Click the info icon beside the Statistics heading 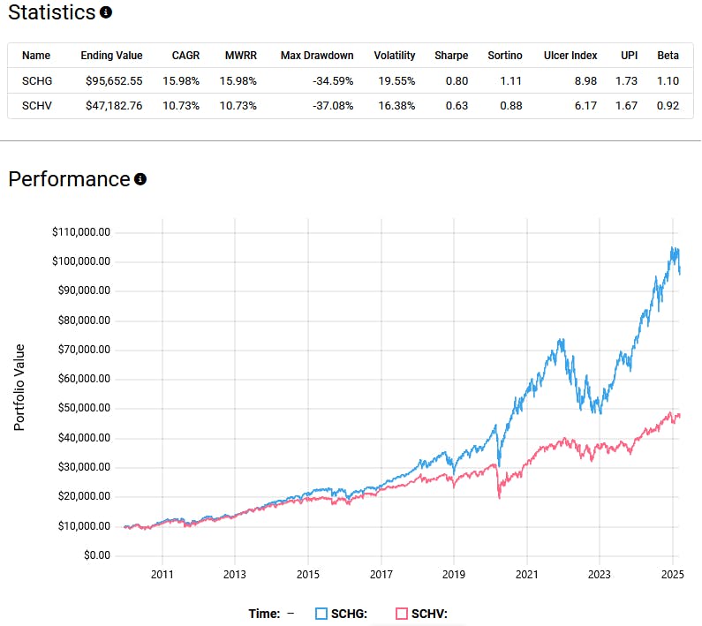tap(106, 13)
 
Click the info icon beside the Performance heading tap(140, 179)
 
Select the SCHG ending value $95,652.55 tap(111, 80)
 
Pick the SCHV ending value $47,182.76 tap(111, 106)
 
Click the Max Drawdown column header tap(317, 56)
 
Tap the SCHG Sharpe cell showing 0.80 tap(457, 80)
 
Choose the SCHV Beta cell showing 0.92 tap(668, 106)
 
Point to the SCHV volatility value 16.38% tap(395, 106)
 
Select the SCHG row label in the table tap(37, 80)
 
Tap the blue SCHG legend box tap(322, 614)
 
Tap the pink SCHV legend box tap(402, 614)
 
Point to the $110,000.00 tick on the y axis tap(80, 232)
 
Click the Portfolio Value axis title tap(19, 388)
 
